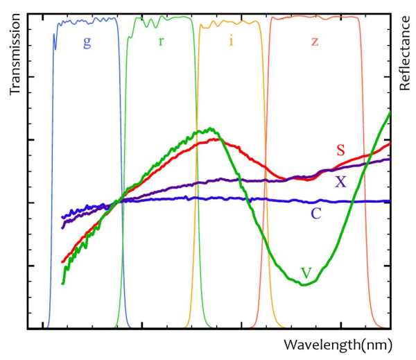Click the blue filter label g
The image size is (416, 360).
87,42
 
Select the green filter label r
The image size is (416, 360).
162,40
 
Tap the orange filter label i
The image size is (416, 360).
231,40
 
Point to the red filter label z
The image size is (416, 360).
315,41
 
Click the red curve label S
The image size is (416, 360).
341,150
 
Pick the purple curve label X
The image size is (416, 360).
340,182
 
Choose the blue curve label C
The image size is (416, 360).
315,213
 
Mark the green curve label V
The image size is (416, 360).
306,273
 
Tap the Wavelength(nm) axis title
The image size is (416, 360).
338,345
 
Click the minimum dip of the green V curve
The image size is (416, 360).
304,284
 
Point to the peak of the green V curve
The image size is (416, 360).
209,128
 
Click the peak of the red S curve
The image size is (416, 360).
216,139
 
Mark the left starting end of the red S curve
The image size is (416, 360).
62,262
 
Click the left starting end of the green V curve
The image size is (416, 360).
62,283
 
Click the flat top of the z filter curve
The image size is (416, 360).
315,17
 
